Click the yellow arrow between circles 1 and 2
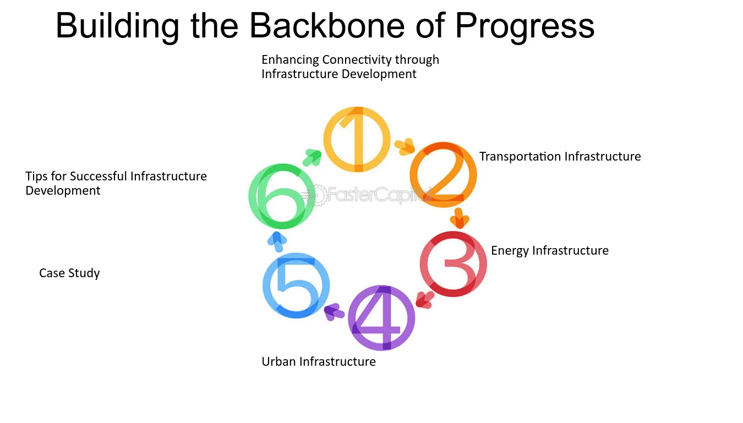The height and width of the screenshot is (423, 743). click(405, 146)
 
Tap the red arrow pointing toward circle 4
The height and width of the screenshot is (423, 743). click(424, 300)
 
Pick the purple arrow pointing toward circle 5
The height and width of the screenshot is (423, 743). click(334, 312)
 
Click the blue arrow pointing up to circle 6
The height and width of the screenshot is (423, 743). click(277, 241)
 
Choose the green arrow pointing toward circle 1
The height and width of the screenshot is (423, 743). click(313, 157)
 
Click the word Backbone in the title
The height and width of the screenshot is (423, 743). click(327, 25)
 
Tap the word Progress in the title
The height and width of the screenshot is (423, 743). click(525, 27)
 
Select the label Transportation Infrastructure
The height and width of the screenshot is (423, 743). click(560, 156)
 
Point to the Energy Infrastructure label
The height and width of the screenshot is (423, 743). click(550, 251)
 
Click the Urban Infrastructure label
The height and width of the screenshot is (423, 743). click(319, 361)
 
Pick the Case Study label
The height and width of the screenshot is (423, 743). click(69, 273)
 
